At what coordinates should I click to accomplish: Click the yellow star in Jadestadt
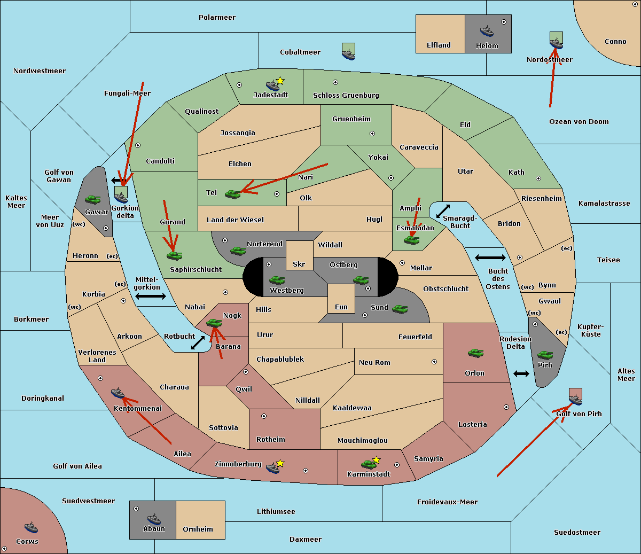click(x=280, y=81)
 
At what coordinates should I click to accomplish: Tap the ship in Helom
click(x=487, y=31)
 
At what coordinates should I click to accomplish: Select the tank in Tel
click(x=232, y=194)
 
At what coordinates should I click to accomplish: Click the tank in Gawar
click(x=93, y=199)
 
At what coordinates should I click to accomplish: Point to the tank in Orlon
click(x=476, y=353)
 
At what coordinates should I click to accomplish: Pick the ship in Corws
click(x=31, y=527)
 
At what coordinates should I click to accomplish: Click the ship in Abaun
click(x=154, y=519)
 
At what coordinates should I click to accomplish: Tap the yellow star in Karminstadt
click(x=376, y=459)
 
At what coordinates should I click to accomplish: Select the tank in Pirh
click(x=545, y=355)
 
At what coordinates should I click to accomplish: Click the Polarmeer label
click(x=217, y=18)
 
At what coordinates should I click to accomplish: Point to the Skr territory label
click(x=299, y=264)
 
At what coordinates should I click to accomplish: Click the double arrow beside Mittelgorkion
click(x=151, y=296)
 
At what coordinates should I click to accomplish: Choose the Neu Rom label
click(x=374, y=362)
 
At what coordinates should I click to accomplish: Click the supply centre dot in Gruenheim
click(x=372, y=134)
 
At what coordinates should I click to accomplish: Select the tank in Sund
click(x=400, y=309)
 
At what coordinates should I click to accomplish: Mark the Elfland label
click(x=439, y=45)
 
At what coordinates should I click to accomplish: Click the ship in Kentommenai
click(x=118, y=393)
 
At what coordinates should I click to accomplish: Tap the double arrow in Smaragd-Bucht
click(x=443, y=211)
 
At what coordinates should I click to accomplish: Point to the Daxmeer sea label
click(x=306, y=540)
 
